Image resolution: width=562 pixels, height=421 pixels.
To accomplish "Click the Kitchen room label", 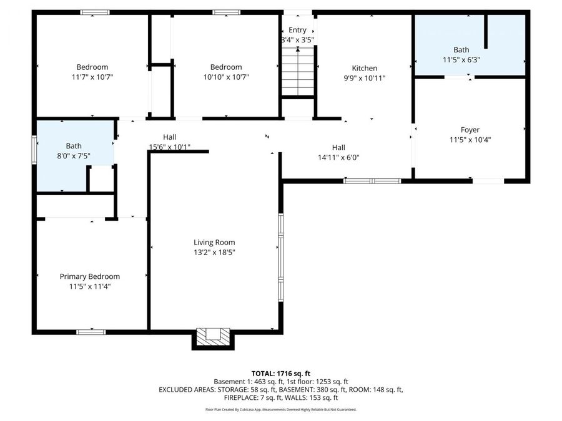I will coord(364,68).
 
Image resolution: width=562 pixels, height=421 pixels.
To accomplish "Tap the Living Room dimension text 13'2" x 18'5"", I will coord(214,253).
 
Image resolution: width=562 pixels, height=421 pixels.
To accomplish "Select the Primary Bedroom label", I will coord(90,276).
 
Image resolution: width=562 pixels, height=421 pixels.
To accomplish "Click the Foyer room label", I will coord(470,130).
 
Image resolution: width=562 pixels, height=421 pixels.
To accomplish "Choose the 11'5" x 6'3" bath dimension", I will coord(461,60).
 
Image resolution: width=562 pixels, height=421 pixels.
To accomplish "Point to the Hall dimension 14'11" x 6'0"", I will coord(338,158).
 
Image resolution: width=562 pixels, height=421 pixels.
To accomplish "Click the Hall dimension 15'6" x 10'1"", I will coord(169,147).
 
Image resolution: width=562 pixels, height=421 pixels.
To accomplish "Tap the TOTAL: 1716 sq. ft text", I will coord(281,373).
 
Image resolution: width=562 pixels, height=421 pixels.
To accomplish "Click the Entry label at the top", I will coord(298,30).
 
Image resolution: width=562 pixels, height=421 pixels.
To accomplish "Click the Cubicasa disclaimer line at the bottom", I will coord(281,410).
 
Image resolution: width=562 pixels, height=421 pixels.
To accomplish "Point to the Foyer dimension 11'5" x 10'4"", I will coord(470,140).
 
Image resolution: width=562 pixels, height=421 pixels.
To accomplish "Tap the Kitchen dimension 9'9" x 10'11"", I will coord(364,78).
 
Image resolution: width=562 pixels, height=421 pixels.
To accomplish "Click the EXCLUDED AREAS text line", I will coord(281,389).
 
